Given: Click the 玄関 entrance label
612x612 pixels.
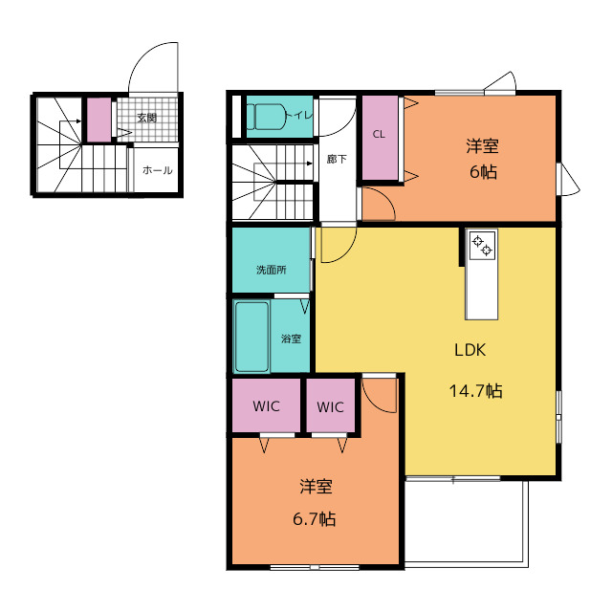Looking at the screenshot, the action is (x=146, y=118).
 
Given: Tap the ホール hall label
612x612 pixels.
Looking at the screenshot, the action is (x=157, y=170).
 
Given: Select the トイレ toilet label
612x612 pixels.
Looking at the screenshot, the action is (x=299, y=116).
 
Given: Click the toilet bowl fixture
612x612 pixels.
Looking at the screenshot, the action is (x=269, y=117).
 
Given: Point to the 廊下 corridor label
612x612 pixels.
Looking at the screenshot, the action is (x=337, y=160).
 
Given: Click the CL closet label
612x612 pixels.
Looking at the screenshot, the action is (x=379, y=134).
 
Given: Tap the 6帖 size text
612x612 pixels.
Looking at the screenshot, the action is (x=483, y=172).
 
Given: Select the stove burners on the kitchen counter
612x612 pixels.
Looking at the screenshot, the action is (x=482, y=246).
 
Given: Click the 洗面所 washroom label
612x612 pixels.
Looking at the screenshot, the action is (x=272, y=270).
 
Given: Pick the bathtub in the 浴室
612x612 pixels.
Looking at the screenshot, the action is (x=251, y=337).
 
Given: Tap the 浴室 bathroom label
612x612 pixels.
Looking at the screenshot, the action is (x=291, y=339).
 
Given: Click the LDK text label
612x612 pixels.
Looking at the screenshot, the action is (x=470, y=350).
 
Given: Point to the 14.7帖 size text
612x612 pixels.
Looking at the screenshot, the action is (x=476, y=391).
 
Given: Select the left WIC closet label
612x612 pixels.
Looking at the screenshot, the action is (x=266, y=406).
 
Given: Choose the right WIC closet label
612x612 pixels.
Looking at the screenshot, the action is (x=330, y=407).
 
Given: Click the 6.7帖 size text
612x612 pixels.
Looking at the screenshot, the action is (x=315, y=519).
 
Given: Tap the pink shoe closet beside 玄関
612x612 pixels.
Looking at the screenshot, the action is (x=98, y=120).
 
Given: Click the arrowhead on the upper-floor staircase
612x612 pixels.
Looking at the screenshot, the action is (x=310, y=164).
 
